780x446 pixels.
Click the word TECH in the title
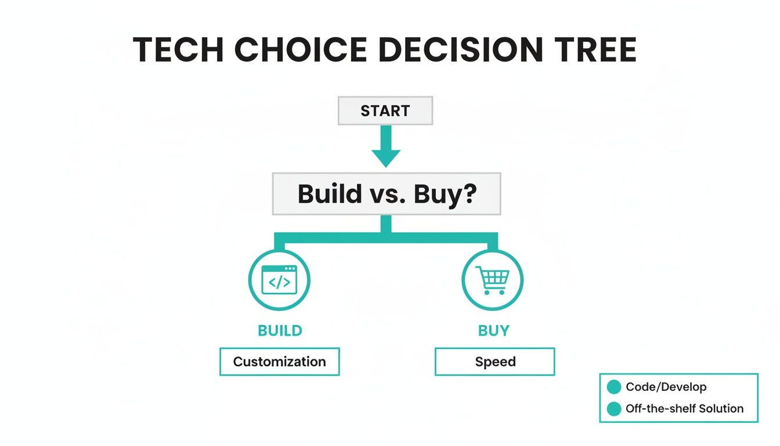(x=178, y=50)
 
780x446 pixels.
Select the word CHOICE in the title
(x=301, y=50)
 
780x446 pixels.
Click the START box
(x=385, y=111)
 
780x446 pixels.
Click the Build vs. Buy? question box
(x=387, y=194)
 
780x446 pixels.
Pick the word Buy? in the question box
(x=445, y=194)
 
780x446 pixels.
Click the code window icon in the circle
(x=279, y=280)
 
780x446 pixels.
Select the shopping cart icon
(x=492, y=280)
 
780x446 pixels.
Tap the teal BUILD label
(x=280, y=331)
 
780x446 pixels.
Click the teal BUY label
(x=493, y=331)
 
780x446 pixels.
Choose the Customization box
(x=279, y=362)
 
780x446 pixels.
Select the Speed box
(x=494, y=362)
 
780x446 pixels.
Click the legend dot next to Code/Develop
(x=613, y=387)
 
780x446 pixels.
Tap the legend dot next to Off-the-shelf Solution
(x=613, y=409)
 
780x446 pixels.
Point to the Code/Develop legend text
(x=666, y=387)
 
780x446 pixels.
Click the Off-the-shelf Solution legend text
(x=684, y=409)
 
